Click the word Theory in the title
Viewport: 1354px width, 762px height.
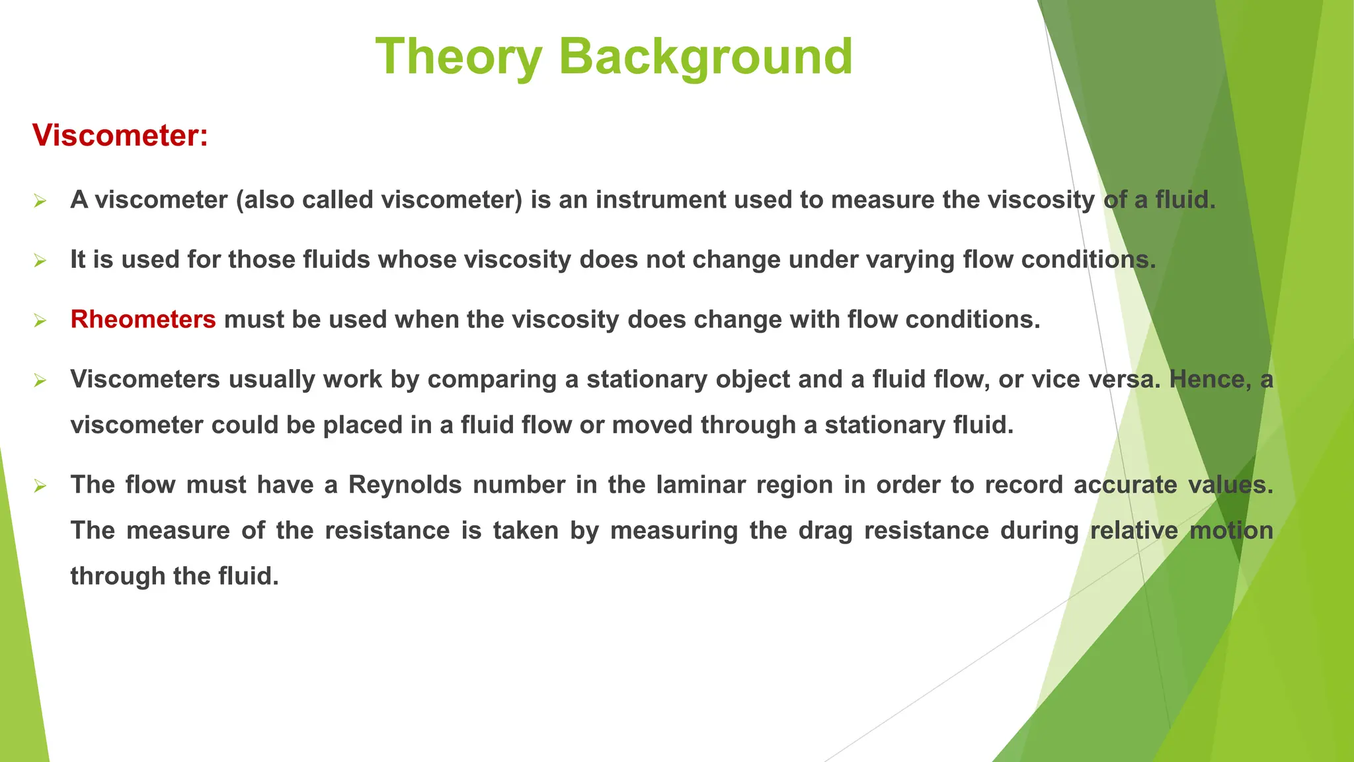pyautogui.click(x=459, y=57)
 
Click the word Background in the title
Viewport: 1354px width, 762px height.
pyautogui.click(x=705, y=57)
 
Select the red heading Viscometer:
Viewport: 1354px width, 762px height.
pyautogui.click(x=120, y=136)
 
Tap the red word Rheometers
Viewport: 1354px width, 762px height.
pyautogui.click(x=143, y=319)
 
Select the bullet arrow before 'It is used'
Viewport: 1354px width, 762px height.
pyautogui.click(x=40, y=261)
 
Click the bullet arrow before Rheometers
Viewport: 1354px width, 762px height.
pyautogui.click(x=40, y=321)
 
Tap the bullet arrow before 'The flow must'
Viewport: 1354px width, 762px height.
pyautogui.click(x=40, y=486)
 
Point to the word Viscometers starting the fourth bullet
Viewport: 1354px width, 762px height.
pyautogui.click(x=145, y=379)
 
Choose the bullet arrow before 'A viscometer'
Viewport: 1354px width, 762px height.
pyautogui.click(x=40, y=200)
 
